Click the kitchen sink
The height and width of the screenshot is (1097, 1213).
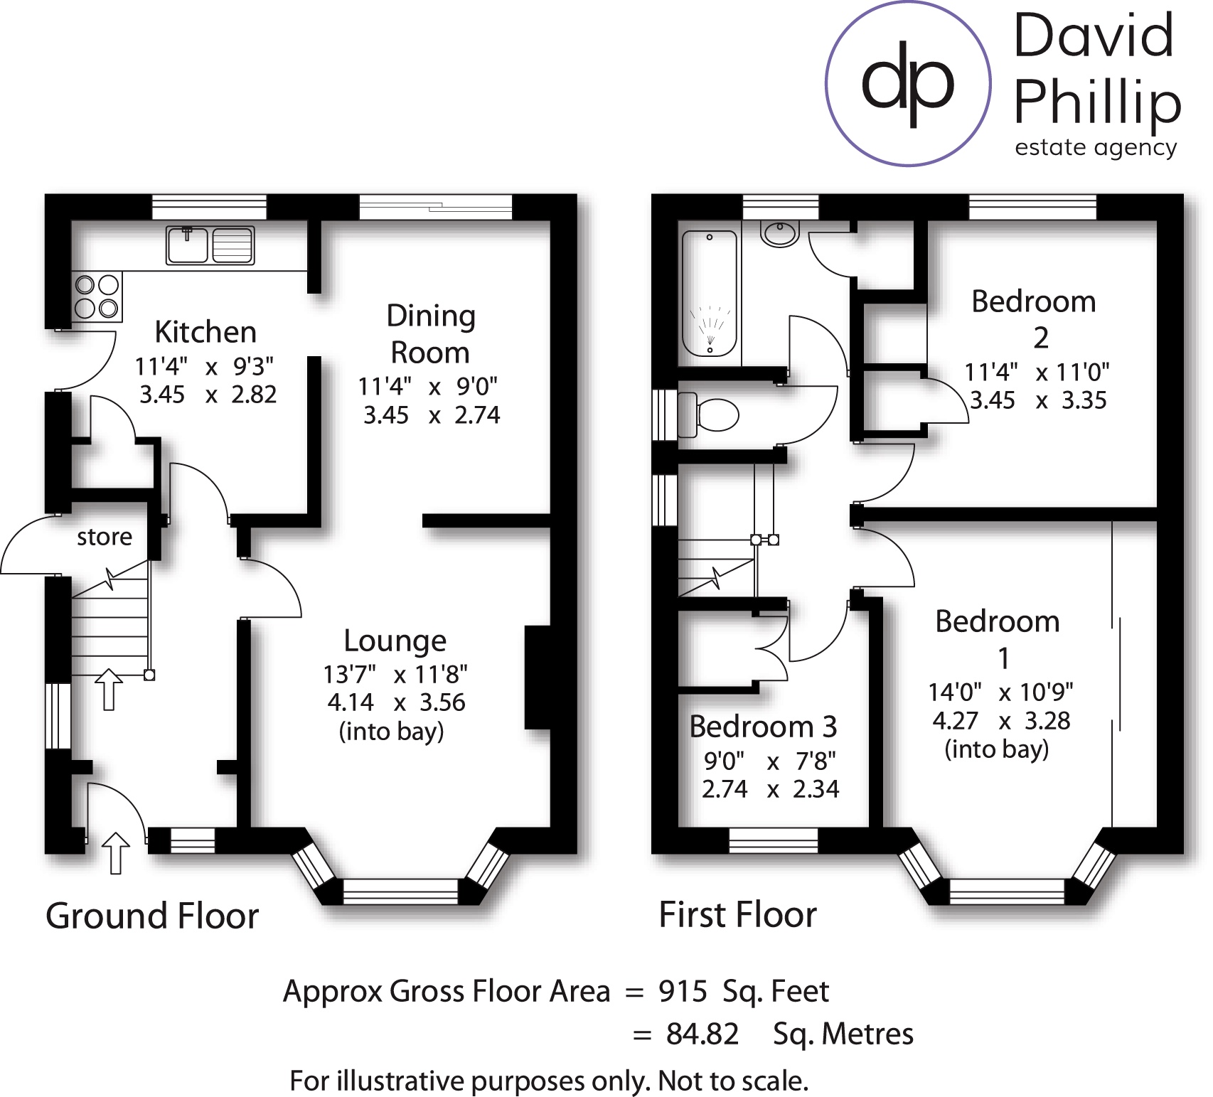(210, 245)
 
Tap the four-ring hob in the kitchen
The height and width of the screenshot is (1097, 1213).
(97, 296)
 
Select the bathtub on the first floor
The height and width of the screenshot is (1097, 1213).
(710, 293)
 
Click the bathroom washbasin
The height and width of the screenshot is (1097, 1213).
(780, 233)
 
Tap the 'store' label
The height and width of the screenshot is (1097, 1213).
(105, 537)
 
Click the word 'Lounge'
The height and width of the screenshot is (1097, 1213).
(395, 641)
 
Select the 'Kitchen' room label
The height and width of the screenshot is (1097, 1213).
(205, 332)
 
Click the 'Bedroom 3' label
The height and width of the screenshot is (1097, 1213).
(763, 727)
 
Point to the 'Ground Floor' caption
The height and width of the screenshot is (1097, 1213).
(152, 916)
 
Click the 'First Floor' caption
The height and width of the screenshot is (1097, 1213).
(738, 914)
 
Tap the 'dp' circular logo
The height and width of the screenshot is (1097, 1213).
(908, 84)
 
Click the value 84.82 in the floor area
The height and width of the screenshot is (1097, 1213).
(702, 1034)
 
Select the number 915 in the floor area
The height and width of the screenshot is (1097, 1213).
(683, 991)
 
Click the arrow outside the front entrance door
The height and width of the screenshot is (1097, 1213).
(115, 853)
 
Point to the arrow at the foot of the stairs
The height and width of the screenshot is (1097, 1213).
(108, 689)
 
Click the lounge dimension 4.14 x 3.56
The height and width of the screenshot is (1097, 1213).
(396, 702)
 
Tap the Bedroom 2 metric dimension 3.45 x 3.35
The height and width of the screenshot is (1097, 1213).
(1038, 400)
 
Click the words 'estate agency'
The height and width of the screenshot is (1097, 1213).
(1096, 148)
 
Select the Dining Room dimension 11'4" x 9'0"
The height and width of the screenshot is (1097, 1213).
(428, 387)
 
